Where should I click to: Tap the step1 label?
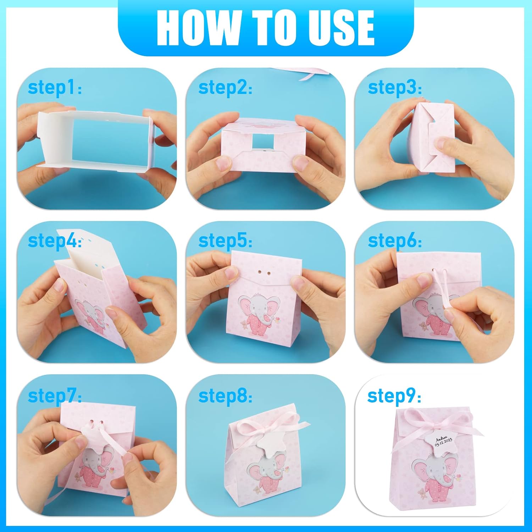55,88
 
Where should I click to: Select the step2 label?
225,88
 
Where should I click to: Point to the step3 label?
395,88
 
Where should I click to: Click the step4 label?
55,241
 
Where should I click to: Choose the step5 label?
225,241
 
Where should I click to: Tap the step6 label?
395,241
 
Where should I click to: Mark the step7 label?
55,396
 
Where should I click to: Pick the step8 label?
225,396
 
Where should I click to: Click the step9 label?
394,396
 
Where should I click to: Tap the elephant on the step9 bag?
436,478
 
